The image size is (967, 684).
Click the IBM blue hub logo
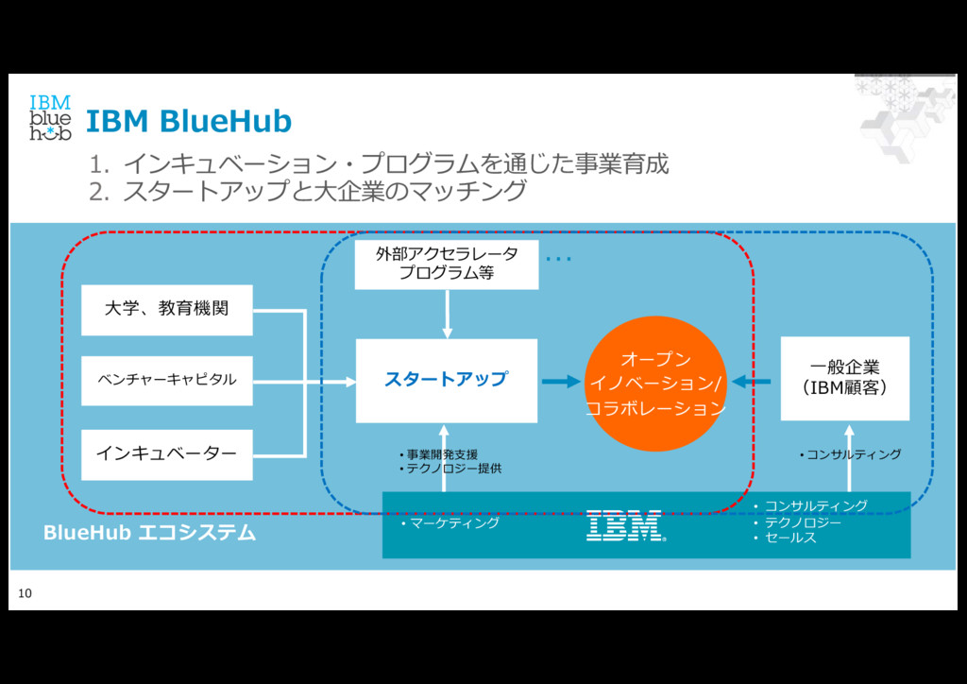[50, 118]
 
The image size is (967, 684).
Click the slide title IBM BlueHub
[189, 122]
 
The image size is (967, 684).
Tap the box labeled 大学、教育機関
[166, 309]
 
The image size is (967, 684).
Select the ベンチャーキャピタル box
[166, 380]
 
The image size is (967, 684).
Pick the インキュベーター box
[166, 453]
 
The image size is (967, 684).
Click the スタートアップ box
[446, 380]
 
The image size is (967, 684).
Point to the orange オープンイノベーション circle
[655, 384]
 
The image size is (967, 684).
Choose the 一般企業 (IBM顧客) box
[844, 378]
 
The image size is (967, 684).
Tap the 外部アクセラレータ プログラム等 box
[446, 265]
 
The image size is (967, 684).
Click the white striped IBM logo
[625, 525]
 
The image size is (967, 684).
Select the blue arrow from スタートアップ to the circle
[561, 382]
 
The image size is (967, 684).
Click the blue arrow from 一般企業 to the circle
[753, 382]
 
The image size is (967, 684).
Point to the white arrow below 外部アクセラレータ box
[448, 314]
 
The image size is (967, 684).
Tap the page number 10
[25, 593]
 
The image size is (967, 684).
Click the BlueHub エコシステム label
[149, 533]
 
